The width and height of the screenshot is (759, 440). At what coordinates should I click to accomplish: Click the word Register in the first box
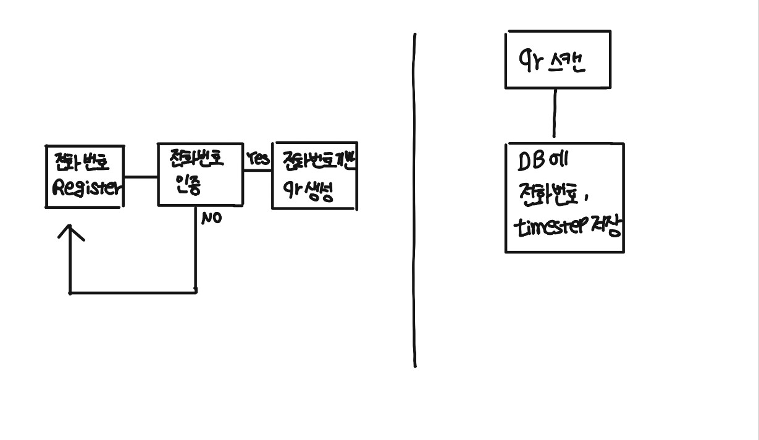[86, 188]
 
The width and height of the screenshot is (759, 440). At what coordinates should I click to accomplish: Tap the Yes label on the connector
[258, 159]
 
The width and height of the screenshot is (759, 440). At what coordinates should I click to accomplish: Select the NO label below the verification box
[211, 218]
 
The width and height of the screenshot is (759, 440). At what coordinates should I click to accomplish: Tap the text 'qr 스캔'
[551, 61]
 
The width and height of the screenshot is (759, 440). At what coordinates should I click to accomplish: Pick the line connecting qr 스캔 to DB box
[554, 113]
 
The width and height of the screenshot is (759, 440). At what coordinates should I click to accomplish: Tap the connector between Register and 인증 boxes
[140, 177]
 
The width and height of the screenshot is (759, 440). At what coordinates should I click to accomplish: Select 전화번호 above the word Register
[80, 163]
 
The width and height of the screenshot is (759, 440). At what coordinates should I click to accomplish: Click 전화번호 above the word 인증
[196, 158]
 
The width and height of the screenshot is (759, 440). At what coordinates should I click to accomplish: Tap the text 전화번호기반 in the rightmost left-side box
[319, 161]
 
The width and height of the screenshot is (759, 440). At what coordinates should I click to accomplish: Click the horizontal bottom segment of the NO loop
[133, 292]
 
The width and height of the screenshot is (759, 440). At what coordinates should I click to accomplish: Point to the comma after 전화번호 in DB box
[585, 199]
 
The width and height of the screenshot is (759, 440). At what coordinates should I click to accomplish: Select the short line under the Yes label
[258, 171]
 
